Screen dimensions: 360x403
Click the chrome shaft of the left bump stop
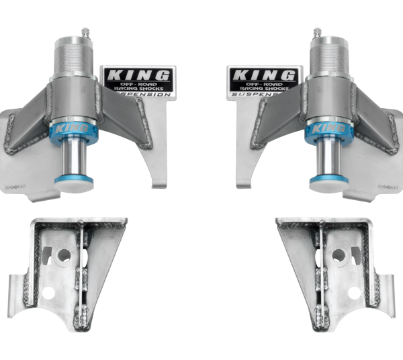tap(75, 158)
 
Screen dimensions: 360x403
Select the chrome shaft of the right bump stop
tap(327, 158)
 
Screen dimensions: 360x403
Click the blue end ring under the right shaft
tap(327, 181)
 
